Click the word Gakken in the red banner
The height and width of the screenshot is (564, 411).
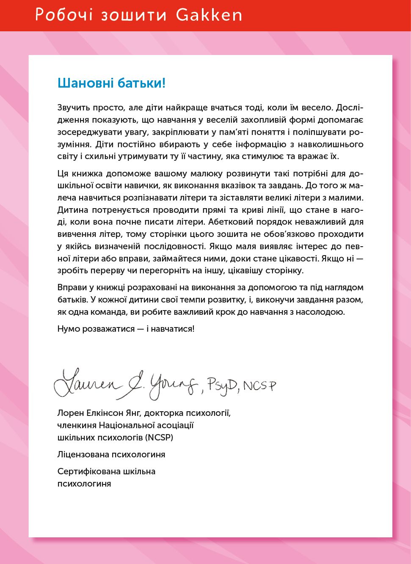(209, 15)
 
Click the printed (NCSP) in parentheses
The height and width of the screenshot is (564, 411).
(159, 437)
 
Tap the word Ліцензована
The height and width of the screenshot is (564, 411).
(83, 455)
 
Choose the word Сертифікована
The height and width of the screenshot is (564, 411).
(88, 471)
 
